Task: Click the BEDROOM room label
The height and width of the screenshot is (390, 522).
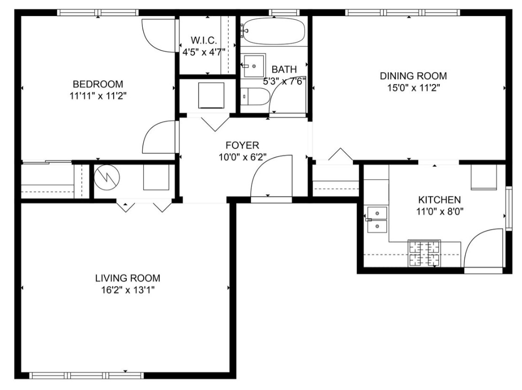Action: click(x=98, y=84)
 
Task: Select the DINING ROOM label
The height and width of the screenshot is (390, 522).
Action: click(x=413, y=76)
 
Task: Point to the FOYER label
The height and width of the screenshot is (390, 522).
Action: click(x=242, y=145)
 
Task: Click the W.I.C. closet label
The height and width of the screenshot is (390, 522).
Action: click(x=204, y=40)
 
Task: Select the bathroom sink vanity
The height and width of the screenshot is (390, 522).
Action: click(x=253, y=66)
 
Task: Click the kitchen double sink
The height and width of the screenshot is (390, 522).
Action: click(x=376, y=220)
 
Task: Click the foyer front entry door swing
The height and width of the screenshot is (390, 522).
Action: click(x=272, y=176)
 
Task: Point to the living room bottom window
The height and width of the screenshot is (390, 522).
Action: click(x=87, y=375)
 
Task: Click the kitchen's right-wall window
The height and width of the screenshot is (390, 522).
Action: click(x=508, y=208)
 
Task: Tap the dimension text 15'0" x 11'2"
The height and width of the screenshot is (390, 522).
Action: click(x=413, y=87)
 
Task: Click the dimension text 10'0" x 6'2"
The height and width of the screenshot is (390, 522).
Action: click(x=242, y=157)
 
